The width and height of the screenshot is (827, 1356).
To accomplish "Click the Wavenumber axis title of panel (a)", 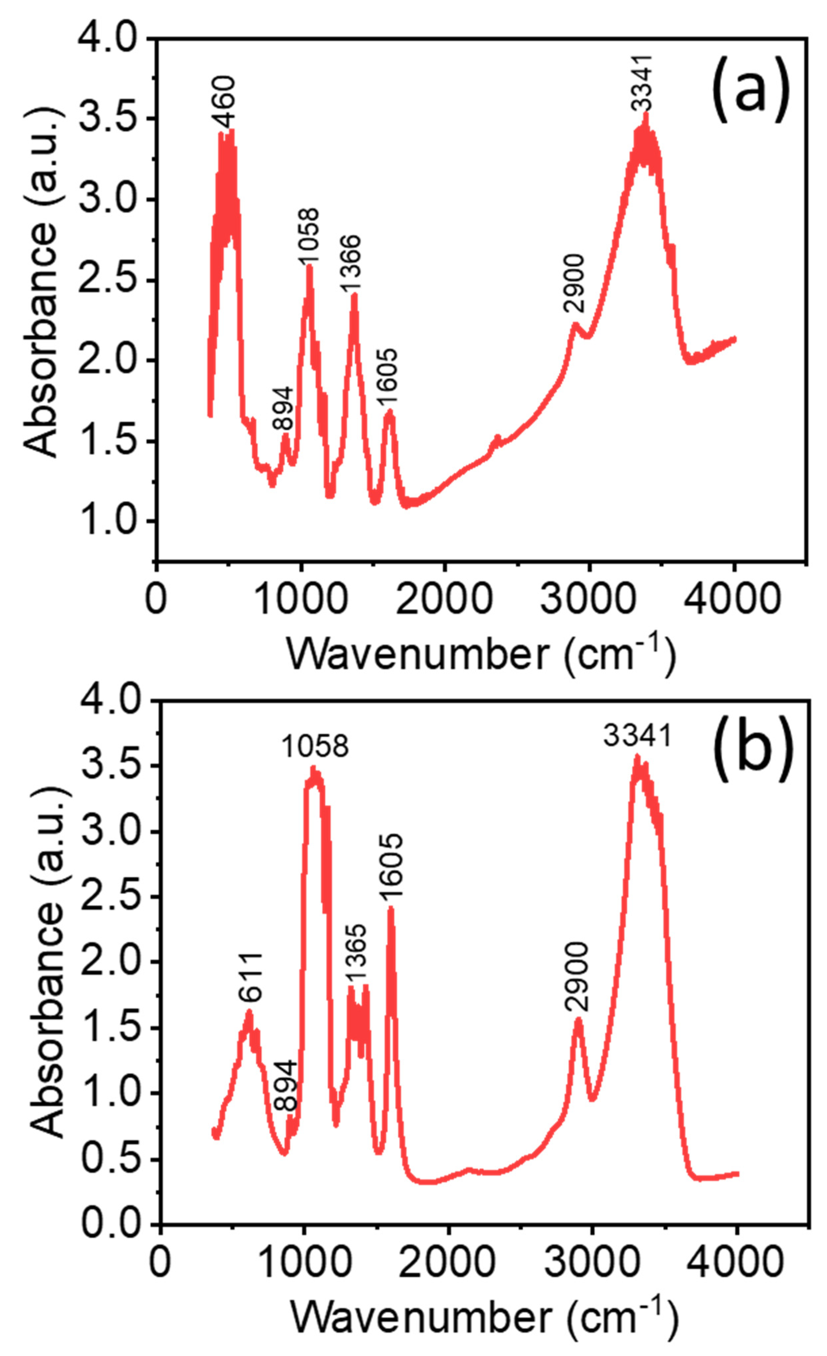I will click(x=481, y=655).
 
